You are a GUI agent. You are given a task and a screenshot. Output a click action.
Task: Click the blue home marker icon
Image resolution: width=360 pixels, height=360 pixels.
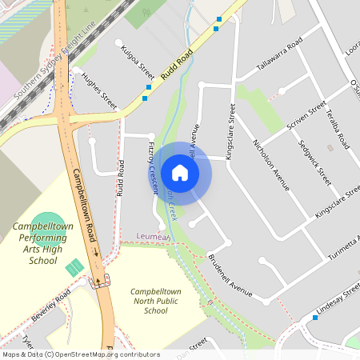(x=180, y=173)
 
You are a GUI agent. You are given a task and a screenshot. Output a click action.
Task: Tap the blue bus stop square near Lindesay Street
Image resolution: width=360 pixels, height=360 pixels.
(x=316, y=318)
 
